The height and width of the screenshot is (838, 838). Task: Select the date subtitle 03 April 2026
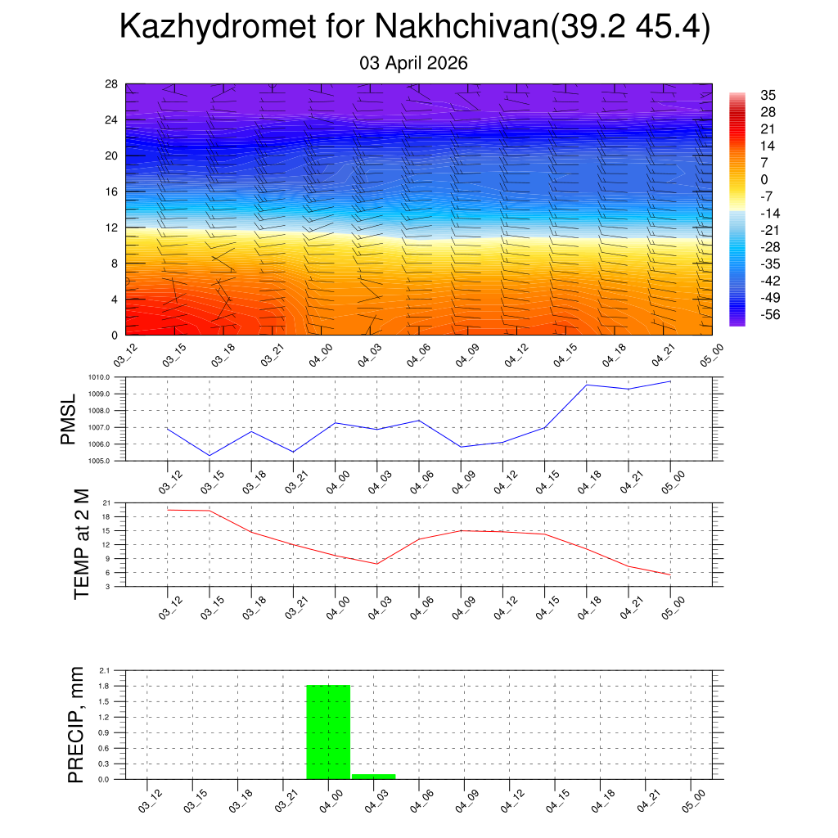[413, 63]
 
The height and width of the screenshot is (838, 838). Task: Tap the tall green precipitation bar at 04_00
[328, 732]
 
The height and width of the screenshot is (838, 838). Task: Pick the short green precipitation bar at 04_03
[373, 776]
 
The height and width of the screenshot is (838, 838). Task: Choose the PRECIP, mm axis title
[76, 724]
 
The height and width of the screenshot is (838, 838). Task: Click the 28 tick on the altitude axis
[111, 84]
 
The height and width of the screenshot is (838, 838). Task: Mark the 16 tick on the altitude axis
[111, 191]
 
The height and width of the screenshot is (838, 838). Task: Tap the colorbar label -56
[768, 315]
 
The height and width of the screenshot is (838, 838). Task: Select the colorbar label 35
[768, 95]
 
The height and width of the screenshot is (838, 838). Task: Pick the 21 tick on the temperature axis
[107, 502]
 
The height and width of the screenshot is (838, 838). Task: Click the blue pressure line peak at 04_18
[587, 385]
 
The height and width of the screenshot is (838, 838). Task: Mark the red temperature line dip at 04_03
[376, 564]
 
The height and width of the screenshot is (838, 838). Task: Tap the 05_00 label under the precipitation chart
[689, 799]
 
